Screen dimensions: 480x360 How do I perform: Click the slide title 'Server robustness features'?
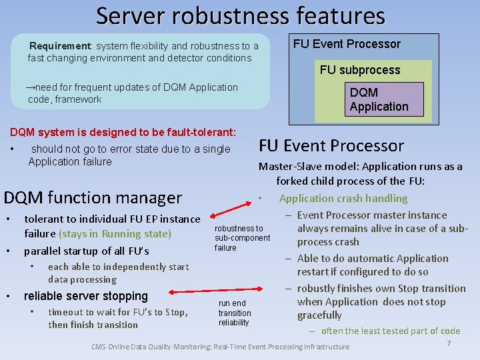240,15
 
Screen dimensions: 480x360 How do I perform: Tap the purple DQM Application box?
379,100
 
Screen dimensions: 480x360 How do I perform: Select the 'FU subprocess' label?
360,70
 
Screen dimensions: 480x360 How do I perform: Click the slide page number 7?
449,343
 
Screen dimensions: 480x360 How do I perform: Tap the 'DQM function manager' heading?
93,197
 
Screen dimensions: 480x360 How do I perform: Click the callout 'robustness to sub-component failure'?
242,238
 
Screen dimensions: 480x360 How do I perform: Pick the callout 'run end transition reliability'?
235,313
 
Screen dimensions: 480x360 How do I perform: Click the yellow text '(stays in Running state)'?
115,234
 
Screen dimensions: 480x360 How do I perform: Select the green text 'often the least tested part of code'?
390,331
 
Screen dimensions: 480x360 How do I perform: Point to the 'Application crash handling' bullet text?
343,198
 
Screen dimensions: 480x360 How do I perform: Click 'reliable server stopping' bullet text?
85,296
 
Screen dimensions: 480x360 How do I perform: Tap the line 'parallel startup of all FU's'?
86,251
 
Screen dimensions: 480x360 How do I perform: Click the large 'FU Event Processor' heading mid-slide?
331,146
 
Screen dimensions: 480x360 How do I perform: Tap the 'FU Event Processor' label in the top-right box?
347,44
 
